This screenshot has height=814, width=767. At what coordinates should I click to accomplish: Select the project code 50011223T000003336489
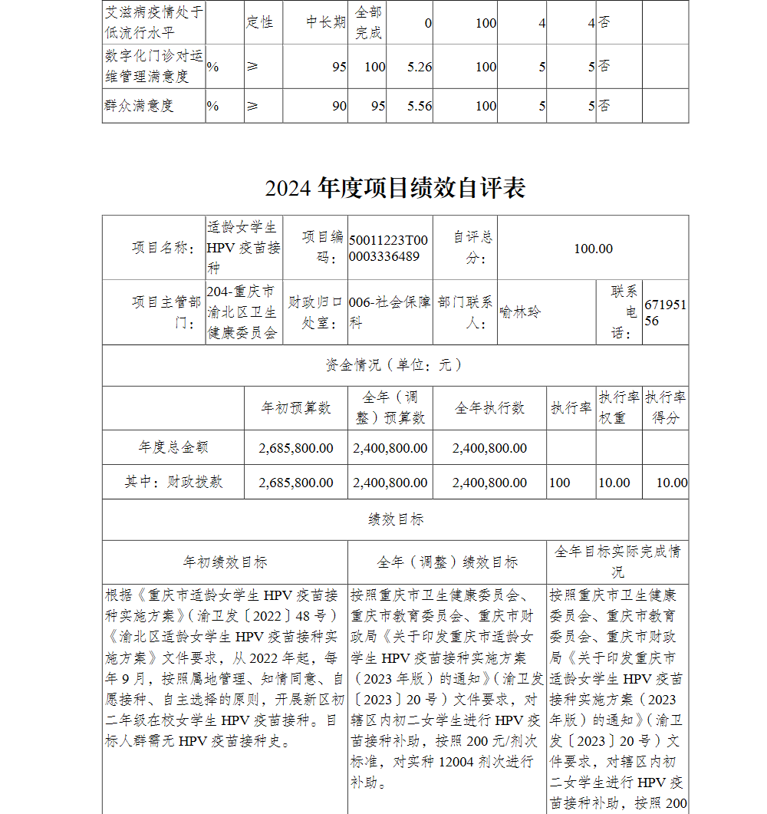click(x=388, y=248)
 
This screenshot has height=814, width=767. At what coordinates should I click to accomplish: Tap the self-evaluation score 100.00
click(x=593, y=248)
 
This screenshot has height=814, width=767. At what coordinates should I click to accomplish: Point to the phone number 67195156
click(x=665, y=313)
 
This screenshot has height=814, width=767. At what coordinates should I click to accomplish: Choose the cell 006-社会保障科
click(x=390, y=312)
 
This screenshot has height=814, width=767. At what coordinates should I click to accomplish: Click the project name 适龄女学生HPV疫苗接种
click(x=243, y=247)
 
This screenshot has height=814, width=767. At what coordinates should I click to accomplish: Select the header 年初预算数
click(x=296, y=408)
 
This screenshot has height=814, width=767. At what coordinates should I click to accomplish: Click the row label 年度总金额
click(x=173, y=447)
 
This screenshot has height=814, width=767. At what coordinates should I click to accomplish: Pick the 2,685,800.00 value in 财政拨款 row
click(x=296, y=483)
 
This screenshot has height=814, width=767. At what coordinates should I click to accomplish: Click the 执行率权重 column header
click(x=619, y=407)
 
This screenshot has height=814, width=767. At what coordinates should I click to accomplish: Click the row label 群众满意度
click(x=139, y=106)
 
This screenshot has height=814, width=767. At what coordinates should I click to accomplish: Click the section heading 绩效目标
click(x=395, y=519)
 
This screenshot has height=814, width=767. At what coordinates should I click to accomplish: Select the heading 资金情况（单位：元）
click(x=395, y=365)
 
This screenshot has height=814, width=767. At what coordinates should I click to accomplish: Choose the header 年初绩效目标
click(x=225, y=562)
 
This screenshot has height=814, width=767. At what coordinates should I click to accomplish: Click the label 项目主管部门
click(x=166, y=312)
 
